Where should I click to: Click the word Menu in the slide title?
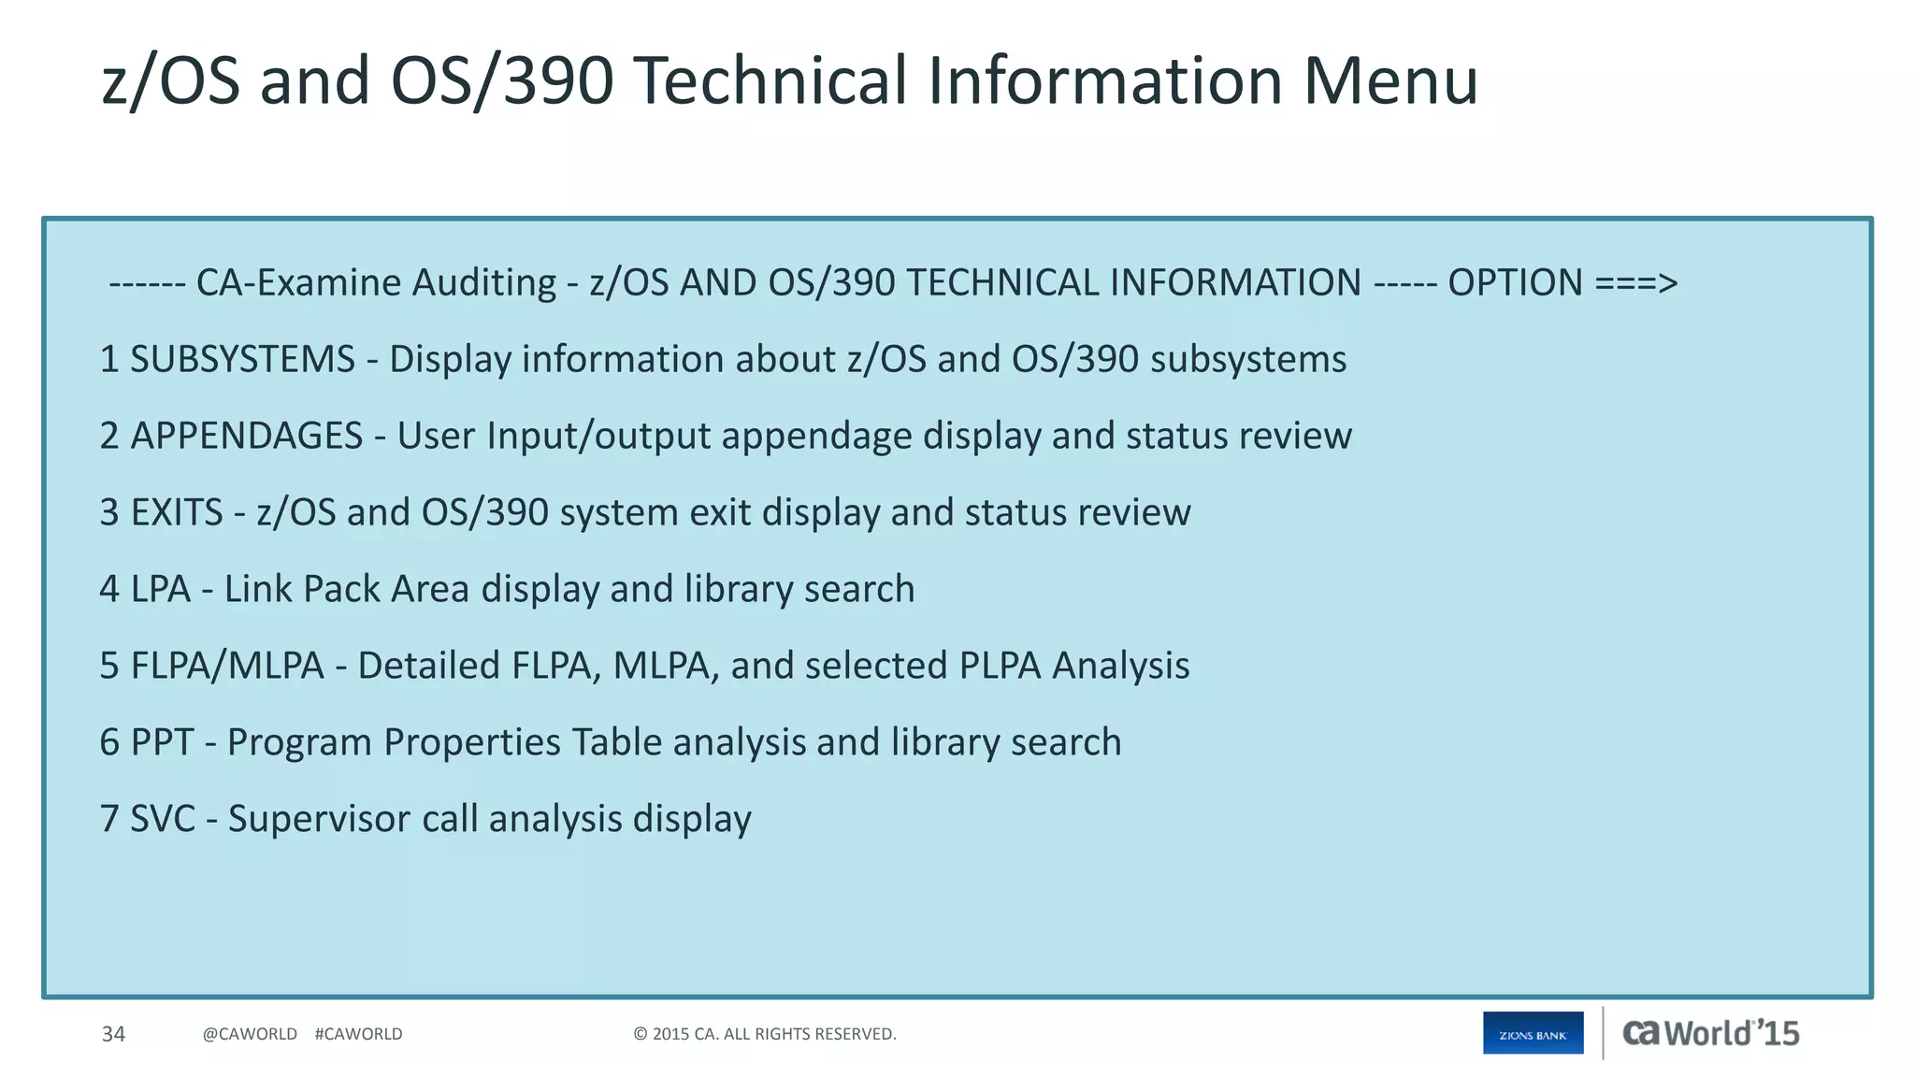(x=1390, y=80)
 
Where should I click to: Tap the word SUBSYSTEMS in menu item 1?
(x=242, y=360)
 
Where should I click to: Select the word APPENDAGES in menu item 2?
(x=246, y=437)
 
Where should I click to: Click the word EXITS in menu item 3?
(x=177, y=513)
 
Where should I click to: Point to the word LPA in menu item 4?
(x=160, y=590)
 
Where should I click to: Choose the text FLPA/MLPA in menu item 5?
(x=226, y=667)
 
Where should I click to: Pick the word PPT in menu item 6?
(x=162, y=743)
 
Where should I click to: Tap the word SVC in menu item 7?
(x=162, y=820)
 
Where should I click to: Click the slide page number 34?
(x=113, y=1034)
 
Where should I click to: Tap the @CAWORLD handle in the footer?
(x=250, y=1034)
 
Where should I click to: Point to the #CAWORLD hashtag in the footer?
(x=358, y=1034)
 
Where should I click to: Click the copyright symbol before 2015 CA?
(x=641, y=1034)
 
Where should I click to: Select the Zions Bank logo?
(x=1533, y=1033)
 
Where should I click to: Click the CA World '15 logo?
(x=1710, y=1033)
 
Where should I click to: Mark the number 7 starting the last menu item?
(x=109, y=820)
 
